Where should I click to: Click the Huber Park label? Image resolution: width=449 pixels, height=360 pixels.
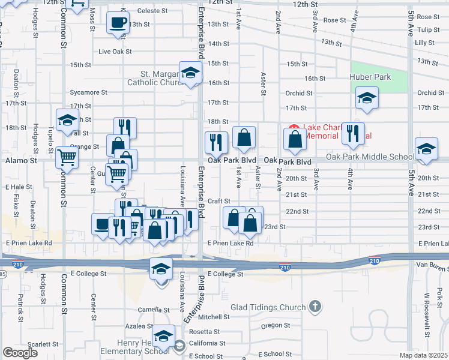click(370, 77)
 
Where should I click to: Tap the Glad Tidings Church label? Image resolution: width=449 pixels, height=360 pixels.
click(268, 308)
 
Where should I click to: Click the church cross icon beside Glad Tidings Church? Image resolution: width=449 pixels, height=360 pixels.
click(315, 308)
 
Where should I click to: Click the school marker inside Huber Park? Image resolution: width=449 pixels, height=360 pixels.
click(367, 98)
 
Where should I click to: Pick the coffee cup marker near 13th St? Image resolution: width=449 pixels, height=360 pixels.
click(118, 23)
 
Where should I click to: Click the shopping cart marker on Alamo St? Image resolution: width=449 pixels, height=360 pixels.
click(67, 158)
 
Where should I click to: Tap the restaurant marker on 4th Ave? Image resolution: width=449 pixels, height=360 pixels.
click(352, 133)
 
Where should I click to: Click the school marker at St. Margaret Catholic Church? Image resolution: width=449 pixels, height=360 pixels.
click(190, 74)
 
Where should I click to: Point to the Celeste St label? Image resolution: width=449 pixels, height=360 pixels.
click(152, 11)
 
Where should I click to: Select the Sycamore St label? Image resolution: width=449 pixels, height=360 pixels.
click(88, 92)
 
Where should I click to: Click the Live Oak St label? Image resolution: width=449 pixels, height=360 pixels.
click(115, 52)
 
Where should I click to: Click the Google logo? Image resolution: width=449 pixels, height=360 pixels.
click(20, 353)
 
